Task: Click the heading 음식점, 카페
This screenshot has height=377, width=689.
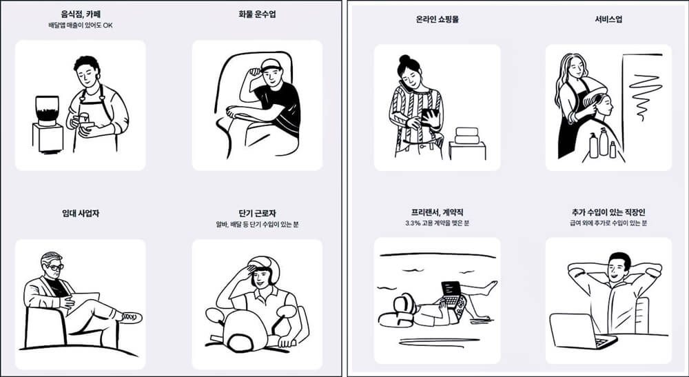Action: coord(80,13)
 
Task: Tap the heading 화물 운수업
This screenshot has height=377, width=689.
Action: coord(256,13)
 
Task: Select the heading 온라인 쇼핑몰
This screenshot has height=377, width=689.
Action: coord(437,19)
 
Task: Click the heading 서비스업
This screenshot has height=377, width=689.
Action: coord(608,19)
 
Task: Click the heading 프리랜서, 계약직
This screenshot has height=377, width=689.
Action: coord(437,212)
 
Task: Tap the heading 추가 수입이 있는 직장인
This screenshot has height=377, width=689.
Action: coord(608,212)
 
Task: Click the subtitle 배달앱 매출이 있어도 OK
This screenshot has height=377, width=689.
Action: coord(80,25)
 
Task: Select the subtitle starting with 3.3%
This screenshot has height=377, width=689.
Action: coord(437,224)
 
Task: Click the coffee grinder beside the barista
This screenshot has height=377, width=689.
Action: coord(48,110)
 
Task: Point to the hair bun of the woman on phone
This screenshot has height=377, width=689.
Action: coord(402,59)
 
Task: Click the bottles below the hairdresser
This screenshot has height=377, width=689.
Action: coord(602,144)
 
